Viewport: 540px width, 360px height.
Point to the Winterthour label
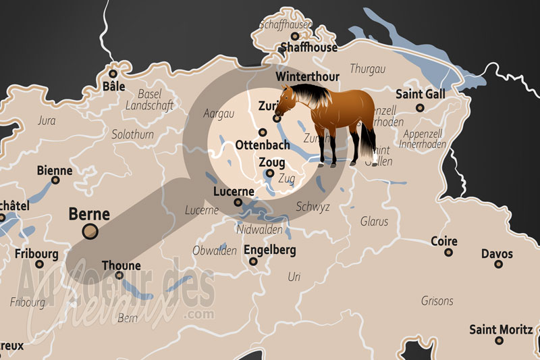click(x=307, y=76)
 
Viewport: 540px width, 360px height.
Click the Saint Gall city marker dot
click(x=420, y=107)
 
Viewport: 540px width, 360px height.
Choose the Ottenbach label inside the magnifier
click(x=263, y=145)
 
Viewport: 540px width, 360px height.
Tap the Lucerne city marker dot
click(x=238, y=202)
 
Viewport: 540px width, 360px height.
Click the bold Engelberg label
click(x=270, y=250)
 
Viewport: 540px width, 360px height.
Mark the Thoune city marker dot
click(x=119, y=275)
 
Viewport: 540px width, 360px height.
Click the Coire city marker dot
click(x=448, y=253)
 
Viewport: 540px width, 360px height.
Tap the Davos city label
click(x=497, y=254)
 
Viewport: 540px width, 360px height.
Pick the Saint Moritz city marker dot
click(x=501, y=341)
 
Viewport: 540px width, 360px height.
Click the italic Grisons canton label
click(x=437, y=300)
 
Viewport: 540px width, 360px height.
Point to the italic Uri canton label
click(x=294, y=276)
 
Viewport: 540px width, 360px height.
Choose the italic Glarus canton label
click(x=375, y=221)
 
